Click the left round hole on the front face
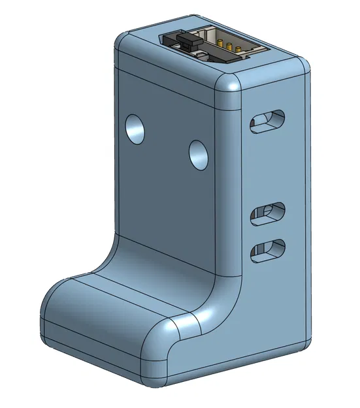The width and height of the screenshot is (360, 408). (x=135, y=129)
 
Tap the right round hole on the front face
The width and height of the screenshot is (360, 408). (x=199, y=154)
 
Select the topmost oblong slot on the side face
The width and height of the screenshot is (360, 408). (x=268, y=120)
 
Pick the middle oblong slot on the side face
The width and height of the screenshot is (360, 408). (x=269, y=213)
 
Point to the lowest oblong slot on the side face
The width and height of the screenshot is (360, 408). (x=269, y=249)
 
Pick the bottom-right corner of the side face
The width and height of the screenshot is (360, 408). (x=303, y=341)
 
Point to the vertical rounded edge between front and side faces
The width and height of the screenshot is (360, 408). (x=230, y=196)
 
